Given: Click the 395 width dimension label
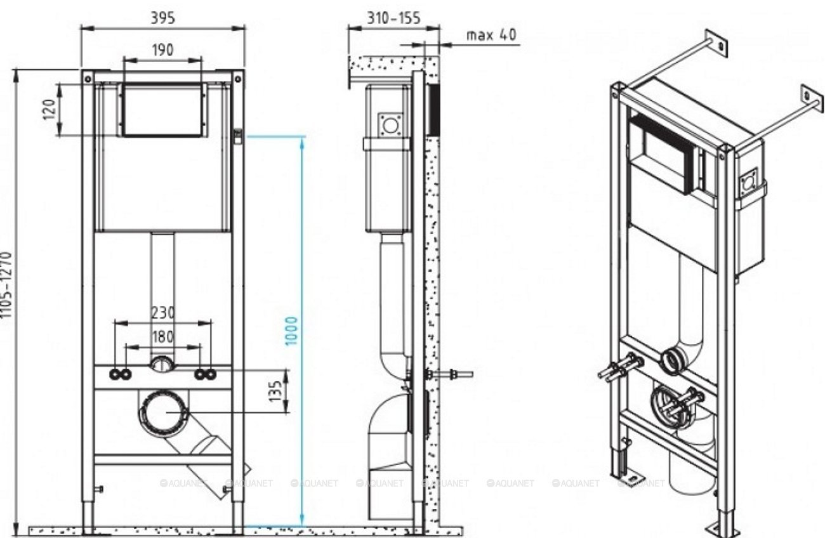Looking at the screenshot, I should click(x=162, y=18).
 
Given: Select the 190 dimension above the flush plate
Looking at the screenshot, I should click(x=162, y=49).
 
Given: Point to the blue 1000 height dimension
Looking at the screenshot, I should click(x=291, y=330).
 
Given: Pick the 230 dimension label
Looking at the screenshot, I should click(x=162, y=313).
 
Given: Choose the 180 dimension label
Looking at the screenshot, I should click(x=162, y=336).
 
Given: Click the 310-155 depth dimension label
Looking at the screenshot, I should click(x=393, y=18).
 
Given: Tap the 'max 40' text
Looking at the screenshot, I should click(x=491, y=34).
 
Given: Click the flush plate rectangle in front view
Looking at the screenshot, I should click(x=162, y=109).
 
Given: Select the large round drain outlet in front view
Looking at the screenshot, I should click(x=163, y=413).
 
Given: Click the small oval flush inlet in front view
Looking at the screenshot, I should click(x=162, y=364).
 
